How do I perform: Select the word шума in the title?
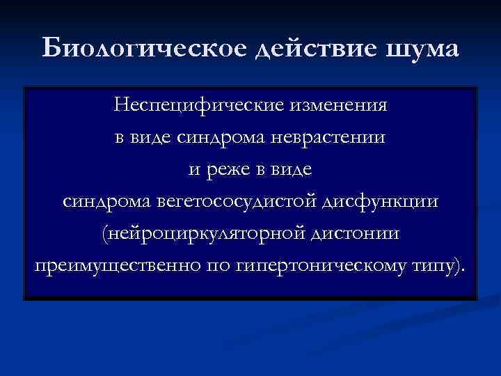424,50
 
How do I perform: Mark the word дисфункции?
382,203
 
